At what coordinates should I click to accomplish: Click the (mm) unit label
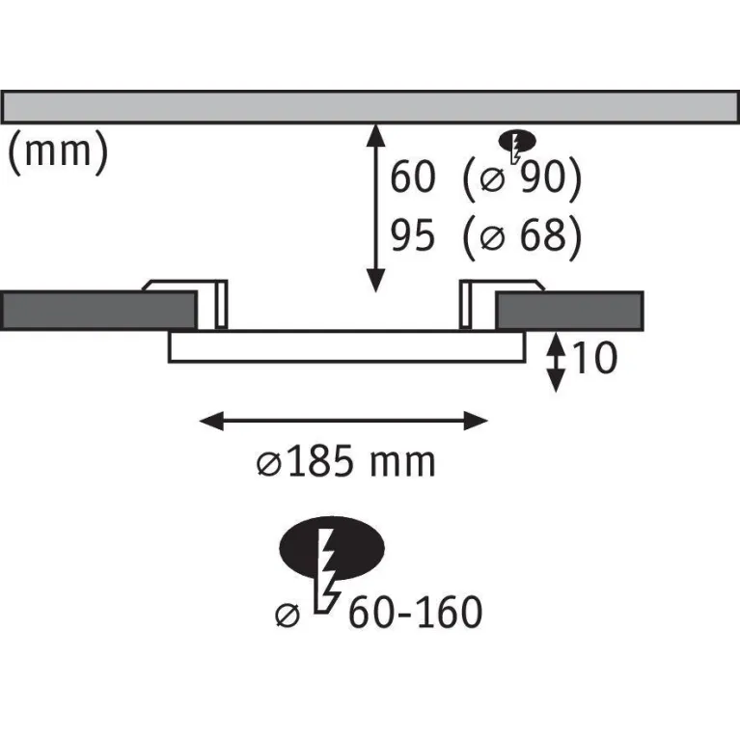(x=59, y=151)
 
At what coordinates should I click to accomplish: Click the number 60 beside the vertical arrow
(x=413, y=177)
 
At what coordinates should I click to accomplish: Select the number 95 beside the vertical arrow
(x=413, y=235)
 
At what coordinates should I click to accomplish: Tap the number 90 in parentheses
(x=542, y=177)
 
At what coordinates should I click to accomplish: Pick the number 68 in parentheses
(x=542, y=235)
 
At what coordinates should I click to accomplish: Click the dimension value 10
(x=594, y=358)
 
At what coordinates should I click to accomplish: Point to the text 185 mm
(x=361, y=462)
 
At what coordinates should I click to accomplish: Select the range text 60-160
(x=415, y=612)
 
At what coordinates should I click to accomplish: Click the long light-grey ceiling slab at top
(x=370, y=107)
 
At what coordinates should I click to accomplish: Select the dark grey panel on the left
(x=98, y=311)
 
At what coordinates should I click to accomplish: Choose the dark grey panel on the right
(x=569, y=311)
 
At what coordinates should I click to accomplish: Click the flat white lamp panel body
(x=347, y=347)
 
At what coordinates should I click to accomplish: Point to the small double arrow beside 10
(x=556, y=362)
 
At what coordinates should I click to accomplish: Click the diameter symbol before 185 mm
(x=269, y=464)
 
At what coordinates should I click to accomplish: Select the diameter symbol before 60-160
(x=288, y=616)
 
